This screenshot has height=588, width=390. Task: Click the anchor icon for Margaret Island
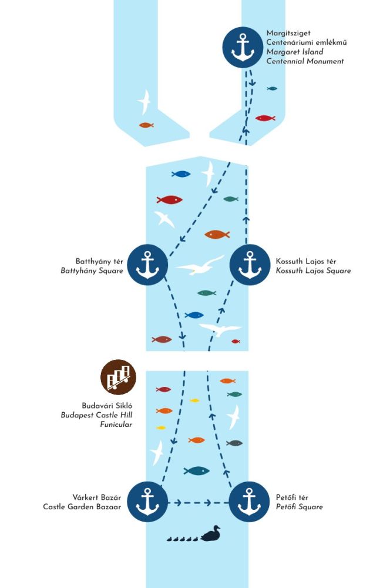(242, 47)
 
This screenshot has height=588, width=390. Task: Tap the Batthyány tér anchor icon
(147, 264)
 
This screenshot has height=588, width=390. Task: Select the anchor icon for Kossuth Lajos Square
(250, 264)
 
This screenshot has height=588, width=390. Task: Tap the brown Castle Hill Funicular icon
(118, 377)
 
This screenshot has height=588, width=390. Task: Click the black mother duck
(210, 534)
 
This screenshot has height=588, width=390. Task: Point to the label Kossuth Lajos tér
(305, 261)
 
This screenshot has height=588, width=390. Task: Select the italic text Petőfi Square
(300, 507)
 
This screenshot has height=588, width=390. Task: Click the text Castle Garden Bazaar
(82, 507)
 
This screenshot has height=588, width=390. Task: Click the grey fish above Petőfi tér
(235, 443)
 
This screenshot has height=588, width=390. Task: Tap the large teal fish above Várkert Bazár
(197, 470)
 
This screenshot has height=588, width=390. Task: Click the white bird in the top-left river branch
(144, 102)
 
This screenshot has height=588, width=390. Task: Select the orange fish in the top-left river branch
(146, 125)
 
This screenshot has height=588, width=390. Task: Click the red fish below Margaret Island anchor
(265, 118)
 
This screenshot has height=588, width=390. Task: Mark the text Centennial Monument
(305, 61)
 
